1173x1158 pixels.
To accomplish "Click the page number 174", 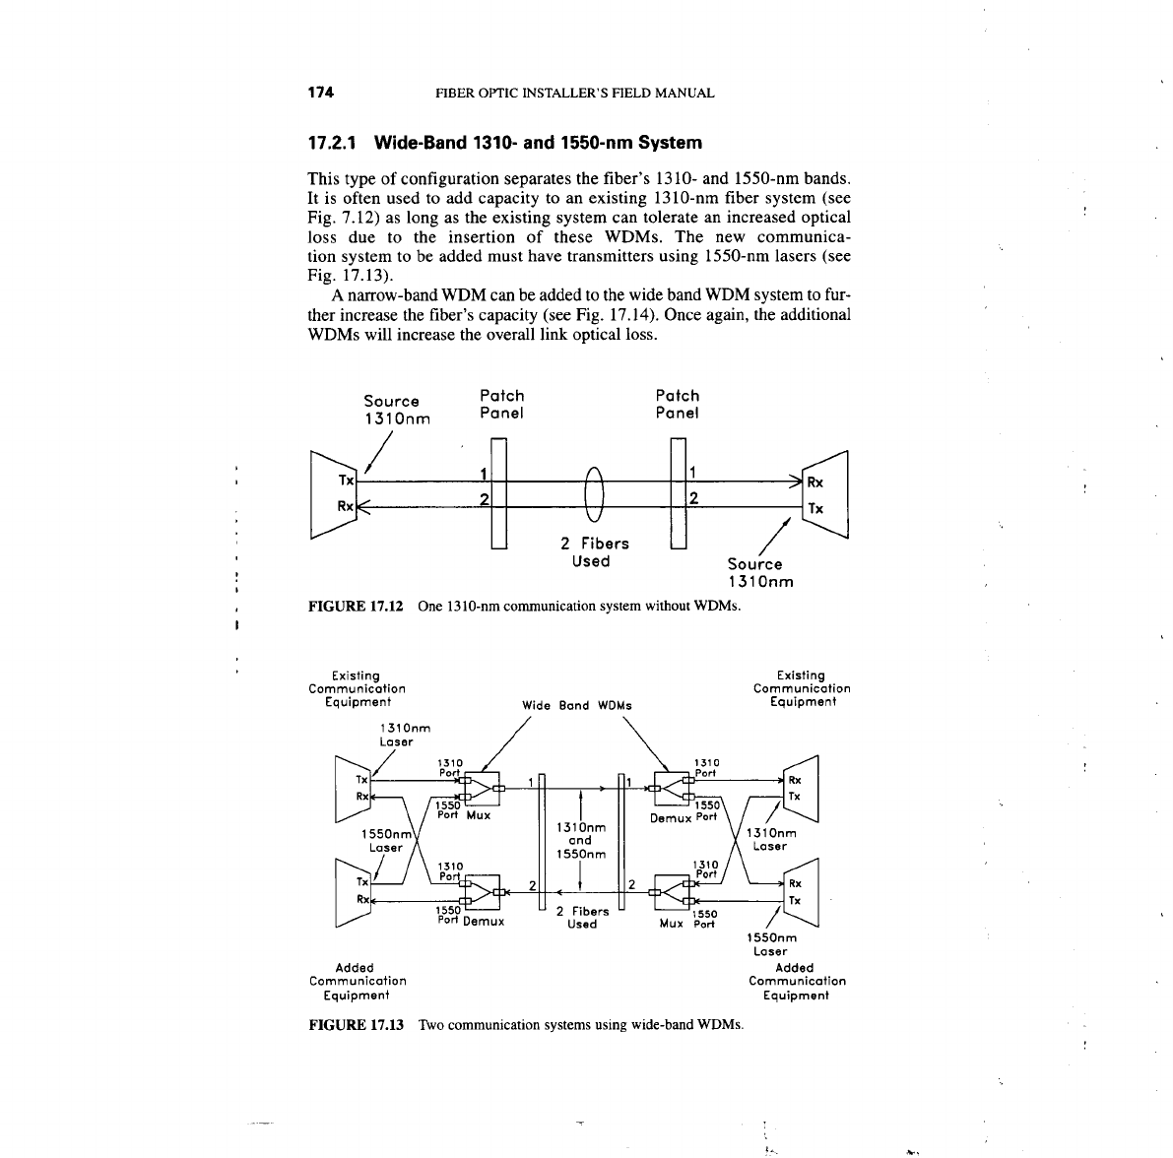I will click(321, 93).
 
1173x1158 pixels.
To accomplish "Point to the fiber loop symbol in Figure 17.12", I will click(592, 491).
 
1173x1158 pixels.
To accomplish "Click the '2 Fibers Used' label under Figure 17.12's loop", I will click(594, 552).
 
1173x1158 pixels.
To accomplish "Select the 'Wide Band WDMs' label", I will click(576, 705).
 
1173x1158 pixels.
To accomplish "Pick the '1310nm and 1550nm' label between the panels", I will click(580, 840).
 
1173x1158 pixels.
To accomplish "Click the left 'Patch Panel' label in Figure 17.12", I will click(501, 404).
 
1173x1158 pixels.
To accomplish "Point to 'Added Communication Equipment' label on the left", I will click(357, 981).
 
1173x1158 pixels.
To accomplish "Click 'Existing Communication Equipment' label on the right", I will click(801, 688).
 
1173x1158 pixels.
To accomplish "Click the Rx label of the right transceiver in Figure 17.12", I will click(815, 482).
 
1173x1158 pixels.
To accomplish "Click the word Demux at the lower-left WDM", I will click(483, 922).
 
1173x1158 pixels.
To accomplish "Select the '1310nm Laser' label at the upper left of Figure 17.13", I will click(404, 735).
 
